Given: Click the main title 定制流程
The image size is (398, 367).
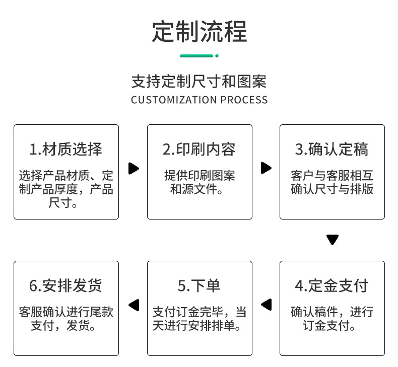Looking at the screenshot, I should click(199, 31).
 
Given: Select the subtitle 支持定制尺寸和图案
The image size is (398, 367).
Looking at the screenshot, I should click(198, 81).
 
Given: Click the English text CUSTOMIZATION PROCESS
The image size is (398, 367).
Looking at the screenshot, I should click(199, 100).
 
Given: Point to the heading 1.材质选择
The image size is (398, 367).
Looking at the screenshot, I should click(66, 150).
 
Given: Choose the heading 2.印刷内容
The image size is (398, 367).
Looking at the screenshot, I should click(199, 150).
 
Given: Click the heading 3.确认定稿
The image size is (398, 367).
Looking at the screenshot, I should click(332, 150).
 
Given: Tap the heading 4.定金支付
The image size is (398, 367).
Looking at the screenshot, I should click(332, 286).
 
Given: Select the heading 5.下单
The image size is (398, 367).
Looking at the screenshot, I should click(199, 286).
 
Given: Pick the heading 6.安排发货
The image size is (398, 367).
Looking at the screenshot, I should click(66, 286).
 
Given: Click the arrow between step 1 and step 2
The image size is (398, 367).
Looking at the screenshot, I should click(134, 168).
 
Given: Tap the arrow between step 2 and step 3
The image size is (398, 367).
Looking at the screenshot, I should click(266, 168).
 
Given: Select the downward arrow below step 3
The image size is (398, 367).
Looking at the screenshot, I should click(332, 240).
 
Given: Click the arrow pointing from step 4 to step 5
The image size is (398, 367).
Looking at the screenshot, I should click(266, 304).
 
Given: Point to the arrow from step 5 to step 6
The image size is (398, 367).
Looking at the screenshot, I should click(134, 304).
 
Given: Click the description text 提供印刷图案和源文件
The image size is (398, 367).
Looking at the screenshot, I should click(199, 182).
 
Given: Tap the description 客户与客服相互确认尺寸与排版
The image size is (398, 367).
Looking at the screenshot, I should click(332, 182).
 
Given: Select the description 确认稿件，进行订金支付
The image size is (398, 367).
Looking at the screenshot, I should click(332, 319).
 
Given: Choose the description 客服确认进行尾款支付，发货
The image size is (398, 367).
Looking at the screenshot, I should click(66, 319).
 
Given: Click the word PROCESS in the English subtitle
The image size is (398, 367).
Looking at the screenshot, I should click(244, 100).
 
